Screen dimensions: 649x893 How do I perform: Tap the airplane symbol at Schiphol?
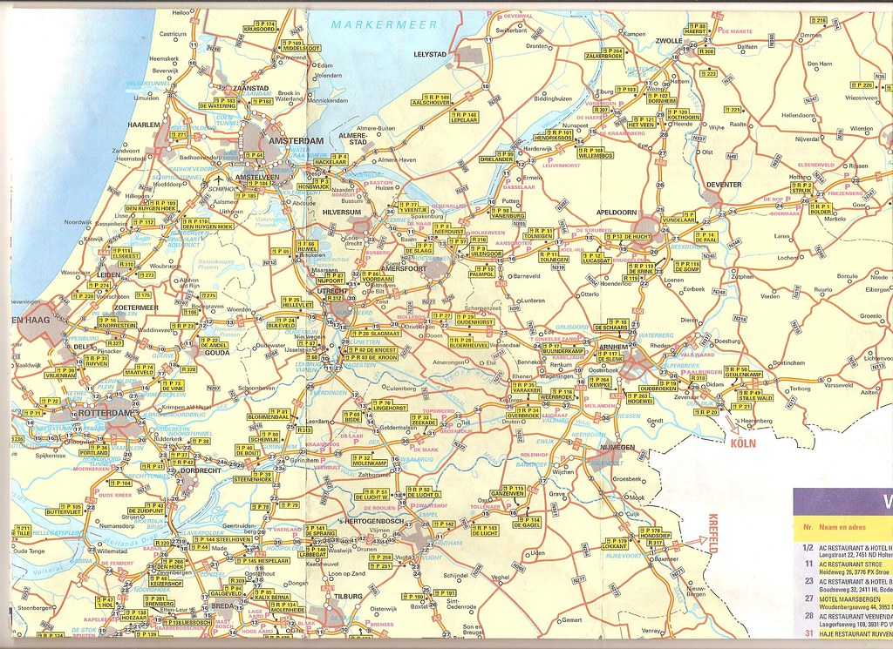click(215, 180)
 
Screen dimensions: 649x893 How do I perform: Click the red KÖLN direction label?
click(744, 443)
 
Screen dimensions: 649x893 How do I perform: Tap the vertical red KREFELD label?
click(712, 533)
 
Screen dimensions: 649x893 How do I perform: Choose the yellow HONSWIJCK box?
click(314, 184)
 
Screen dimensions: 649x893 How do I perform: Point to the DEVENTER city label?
click(723, 185)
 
